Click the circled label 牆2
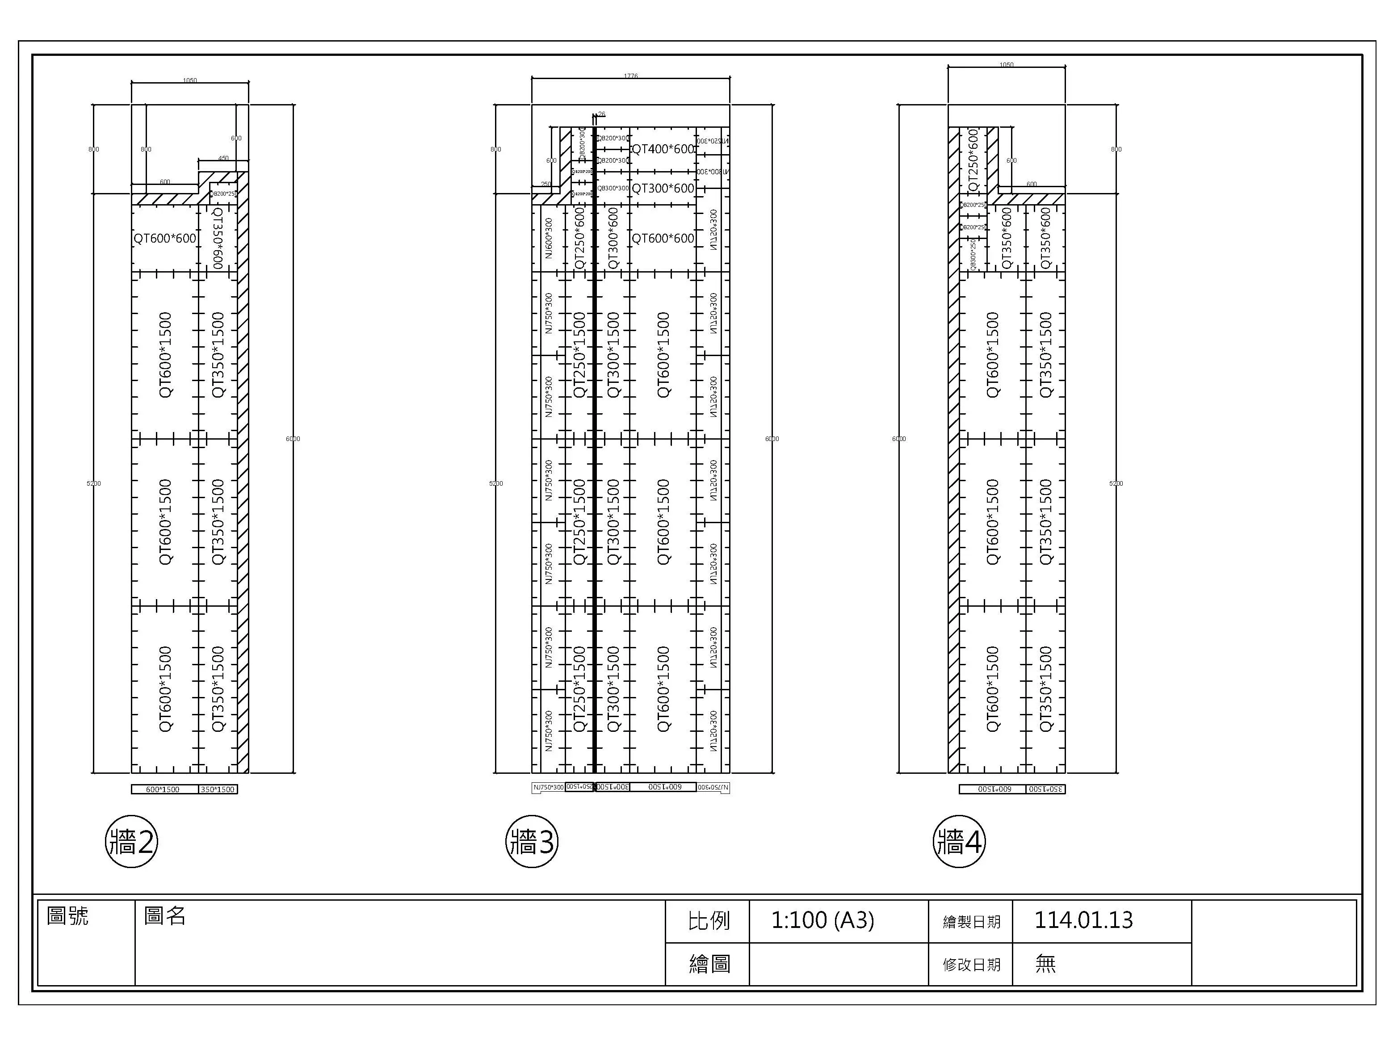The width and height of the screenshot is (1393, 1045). point(131,842)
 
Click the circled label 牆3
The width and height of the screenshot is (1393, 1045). point(532,842)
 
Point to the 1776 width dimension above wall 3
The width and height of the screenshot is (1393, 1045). point(630,76)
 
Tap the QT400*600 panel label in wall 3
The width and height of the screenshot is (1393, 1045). point(663,149)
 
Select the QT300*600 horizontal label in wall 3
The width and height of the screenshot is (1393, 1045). point(663,189)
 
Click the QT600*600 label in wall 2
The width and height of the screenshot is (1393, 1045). point(165,238)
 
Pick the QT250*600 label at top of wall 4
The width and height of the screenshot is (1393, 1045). point(973,161)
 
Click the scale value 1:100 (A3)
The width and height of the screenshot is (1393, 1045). point(822,920)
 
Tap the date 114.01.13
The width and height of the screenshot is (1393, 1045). point(1083,920)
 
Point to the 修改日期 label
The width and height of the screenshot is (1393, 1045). point(971,965)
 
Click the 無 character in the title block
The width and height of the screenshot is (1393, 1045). point(1045,964)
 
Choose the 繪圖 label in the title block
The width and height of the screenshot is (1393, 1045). point(709,965)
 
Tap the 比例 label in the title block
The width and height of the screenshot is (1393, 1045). point(709,921)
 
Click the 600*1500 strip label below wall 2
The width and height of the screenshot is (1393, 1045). point(163,789)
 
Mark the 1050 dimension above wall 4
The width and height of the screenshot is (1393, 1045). point(1007,65)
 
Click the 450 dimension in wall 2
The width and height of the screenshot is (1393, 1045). point(223,159)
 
